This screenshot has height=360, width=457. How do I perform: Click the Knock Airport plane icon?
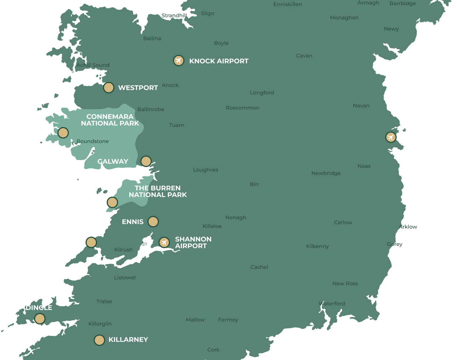(179, 60)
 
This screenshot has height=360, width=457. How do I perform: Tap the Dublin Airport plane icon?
(391, 137)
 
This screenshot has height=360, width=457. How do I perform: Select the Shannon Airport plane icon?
(164, 242)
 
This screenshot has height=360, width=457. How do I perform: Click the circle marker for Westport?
(109, 88)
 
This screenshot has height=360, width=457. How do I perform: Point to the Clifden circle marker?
(63, 133)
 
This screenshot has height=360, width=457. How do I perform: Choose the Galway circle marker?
(146, 161)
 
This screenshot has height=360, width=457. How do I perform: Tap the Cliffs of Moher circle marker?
(112, 202)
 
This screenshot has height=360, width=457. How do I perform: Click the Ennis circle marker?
(153, 221)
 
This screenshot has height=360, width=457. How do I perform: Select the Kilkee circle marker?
(91, 242)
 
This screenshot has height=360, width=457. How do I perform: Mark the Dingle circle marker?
(40, 319)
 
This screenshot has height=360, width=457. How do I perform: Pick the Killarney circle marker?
(99, 340)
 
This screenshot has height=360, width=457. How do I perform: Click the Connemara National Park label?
(110, 120)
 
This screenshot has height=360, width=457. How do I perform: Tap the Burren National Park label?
(158, 191)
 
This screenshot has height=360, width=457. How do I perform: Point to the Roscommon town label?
(243, 108)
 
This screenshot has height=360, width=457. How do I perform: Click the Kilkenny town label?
(317, 246)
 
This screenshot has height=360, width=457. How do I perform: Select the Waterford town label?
(332, 304)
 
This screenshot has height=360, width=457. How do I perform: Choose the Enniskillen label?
(287, 4)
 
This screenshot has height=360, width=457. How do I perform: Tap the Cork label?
(213, 350)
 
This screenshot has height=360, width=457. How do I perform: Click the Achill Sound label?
(93, 65)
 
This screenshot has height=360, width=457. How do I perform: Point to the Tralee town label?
(104, 301)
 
